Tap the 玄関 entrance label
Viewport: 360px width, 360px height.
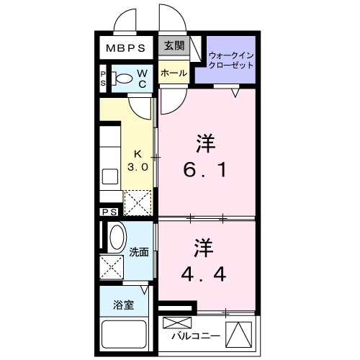pyautogui.click(x=174, y=46)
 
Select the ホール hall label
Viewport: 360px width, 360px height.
pyautogui.click(x=174, y=73)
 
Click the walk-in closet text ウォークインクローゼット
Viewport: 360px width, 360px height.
pyautogui.click(x=230, y=60)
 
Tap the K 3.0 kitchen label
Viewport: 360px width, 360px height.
pyautogui.click(x=139, y=160)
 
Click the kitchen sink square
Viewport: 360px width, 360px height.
pyautogui.click(x=111, y=176)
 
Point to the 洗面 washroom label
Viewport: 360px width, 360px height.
pyautogui.click(x=139, y=252)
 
